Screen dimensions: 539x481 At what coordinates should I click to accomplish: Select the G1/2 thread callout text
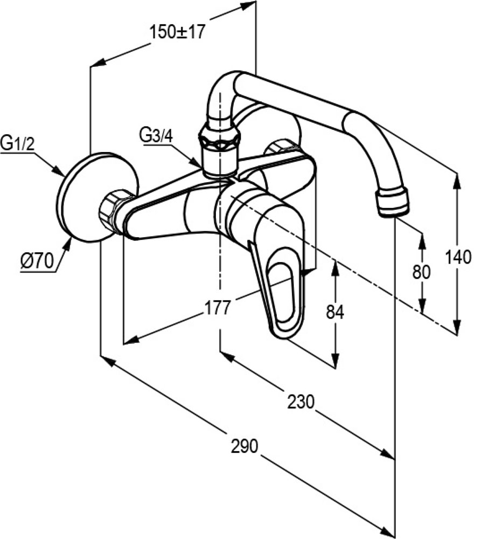coord(16,144)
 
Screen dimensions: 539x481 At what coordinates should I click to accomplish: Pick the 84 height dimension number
coord(334,312)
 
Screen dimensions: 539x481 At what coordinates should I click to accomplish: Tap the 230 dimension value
coord(300,402)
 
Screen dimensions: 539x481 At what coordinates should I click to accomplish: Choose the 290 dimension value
coord(245,446)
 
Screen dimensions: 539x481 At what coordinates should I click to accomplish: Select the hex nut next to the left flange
coord(115,210)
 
